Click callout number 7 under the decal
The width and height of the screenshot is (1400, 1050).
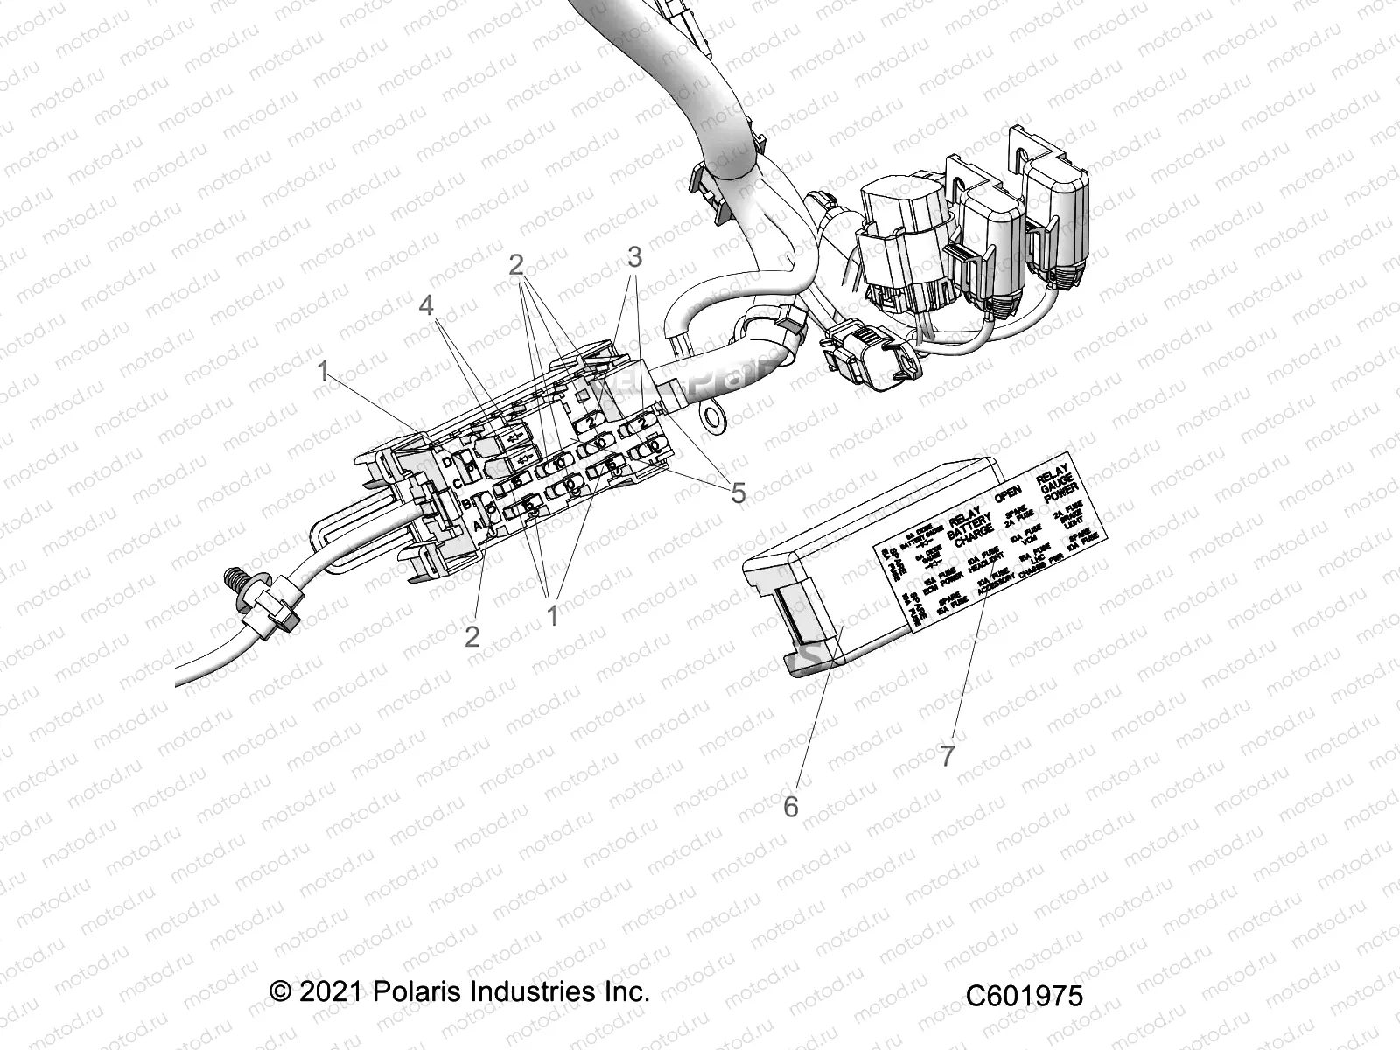[948, 754]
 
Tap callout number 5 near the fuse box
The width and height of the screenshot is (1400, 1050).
[738, 493]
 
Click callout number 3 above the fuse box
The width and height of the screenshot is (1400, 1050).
[634, 257]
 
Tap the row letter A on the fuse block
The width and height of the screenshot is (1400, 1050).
[478, 526]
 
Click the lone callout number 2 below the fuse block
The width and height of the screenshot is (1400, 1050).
[472, 637]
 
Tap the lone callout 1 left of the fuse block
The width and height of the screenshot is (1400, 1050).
[323, 371]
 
